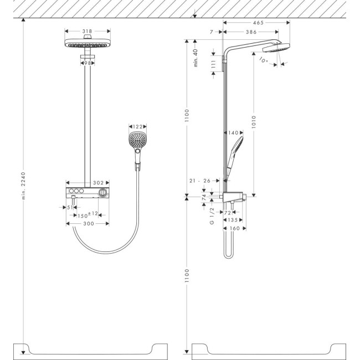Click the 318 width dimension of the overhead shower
tap(86, 32)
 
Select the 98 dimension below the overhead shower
tap(86, 63)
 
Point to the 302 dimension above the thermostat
tap(98, 182)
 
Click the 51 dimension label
tap(70, 207)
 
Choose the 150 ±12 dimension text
tap(88, 214)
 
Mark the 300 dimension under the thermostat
tap(87, 223)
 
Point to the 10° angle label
tap(263, 61)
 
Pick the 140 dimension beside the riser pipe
tap(233, 133)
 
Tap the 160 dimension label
tap(235, 228)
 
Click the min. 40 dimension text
tap(195, 58)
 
